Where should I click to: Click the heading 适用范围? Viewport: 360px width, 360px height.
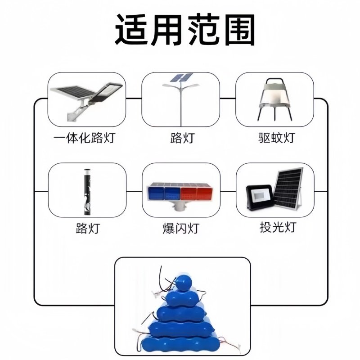pyautogui.click(x=184, y=30)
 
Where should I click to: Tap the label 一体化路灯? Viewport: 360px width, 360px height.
pyautogui.click(x=84, y=138)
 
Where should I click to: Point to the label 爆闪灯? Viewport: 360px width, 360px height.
pyautogui.click(x=180, y=228)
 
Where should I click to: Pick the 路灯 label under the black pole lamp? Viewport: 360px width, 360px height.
pyautogui.click(x=87, y=228)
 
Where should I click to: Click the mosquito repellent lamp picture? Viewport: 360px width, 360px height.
pyautogui.click(x=275, y=99)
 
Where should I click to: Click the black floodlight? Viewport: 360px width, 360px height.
pyautogui.click(x=259, y=198)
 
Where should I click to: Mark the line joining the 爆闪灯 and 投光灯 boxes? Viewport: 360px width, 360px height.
pyautogui.click(x=228, y=190)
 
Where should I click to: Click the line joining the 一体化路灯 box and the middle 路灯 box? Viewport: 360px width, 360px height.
pyautogui.click(x=134, y=99)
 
